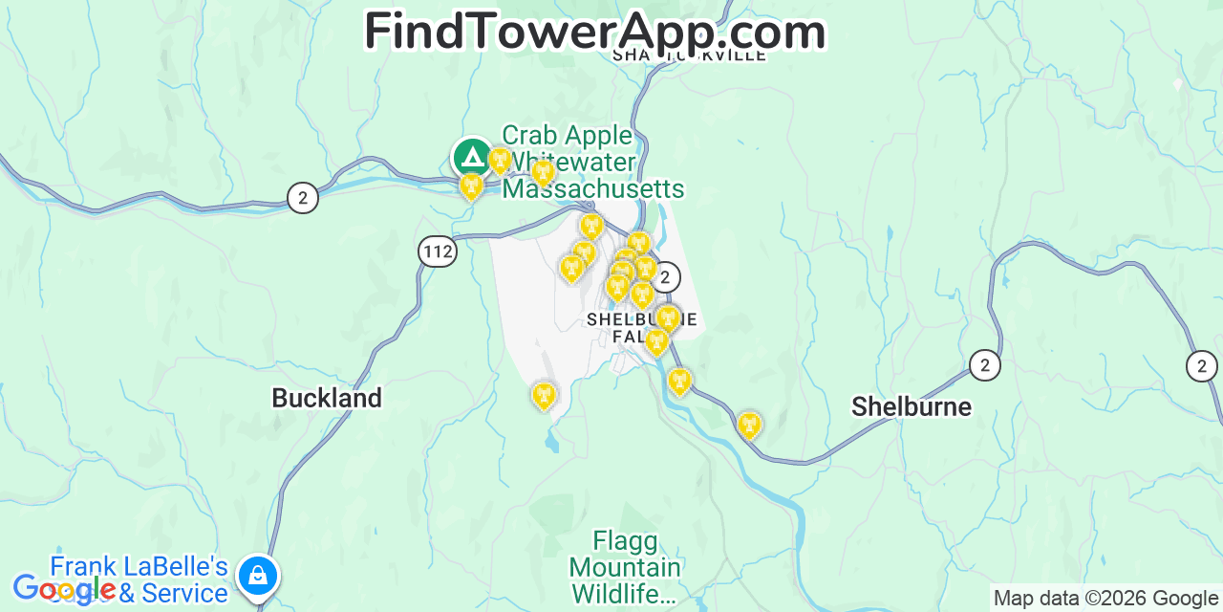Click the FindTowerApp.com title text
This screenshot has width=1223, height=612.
pyautogui.click(x=594, y=32)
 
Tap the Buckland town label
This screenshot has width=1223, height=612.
pyautogui.click(x=327, y=398)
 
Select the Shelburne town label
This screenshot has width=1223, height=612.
pyautogui.click(x=911, y=406)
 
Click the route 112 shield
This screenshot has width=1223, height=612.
pyautogui.click(x=438, y=251)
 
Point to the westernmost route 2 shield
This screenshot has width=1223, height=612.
pyautogui.click(x=303, y=198)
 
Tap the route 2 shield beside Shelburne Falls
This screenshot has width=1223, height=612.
pyautogui.click(x=665, y=277)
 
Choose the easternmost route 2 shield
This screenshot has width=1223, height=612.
pyautogui.click(x=1202, y=365)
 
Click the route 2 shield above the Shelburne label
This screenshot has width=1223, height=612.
pyautogui.click(x=985, y=364)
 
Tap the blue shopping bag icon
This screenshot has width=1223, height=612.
pyautogui.click(x=258, y=575)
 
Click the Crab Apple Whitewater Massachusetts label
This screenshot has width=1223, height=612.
pyautogui.click(x=592, y=163)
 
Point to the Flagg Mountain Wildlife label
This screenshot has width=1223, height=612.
pyautogui.click(x=626, y=568)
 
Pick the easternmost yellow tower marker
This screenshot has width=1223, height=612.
pyautogui.click(x=750, y=425)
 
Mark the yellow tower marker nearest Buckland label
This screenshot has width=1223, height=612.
pyautogui.click(x=544, y=395)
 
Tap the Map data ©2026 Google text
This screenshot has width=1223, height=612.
pyautogui.click(x=1105, y=599)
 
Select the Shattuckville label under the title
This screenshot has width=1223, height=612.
pyautogui.click(x=689, y=55)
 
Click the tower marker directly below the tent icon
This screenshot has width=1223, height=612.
pyautogui.click(x=471, y=186)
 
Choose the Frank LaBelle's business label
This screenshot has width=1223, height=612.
pyautogui.click(x=139, y=579)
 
